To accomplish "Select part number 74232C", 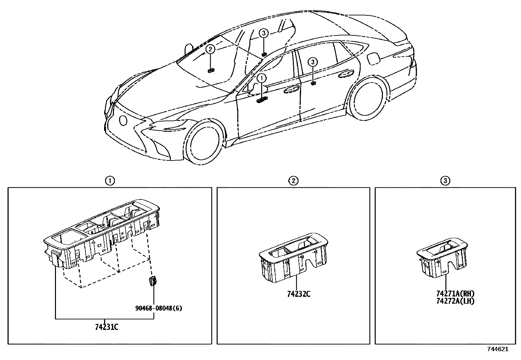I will click(298, 294).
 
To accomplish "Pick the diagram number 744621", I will click(498, 349).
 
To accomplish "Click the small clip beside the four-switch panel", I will click(153, 281).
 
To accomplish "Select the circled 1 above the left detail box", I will click(110, 180).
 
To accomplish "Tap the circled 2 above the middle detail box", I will click(293, 180).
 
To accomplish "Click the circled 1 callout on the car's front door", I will click(262, 78).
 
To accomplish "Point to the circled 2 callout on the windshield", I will click(210, 49).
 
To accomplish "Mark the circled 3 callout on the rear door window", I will click(313, 62).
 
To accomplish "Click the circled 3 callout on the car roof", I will click(264, 33).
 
